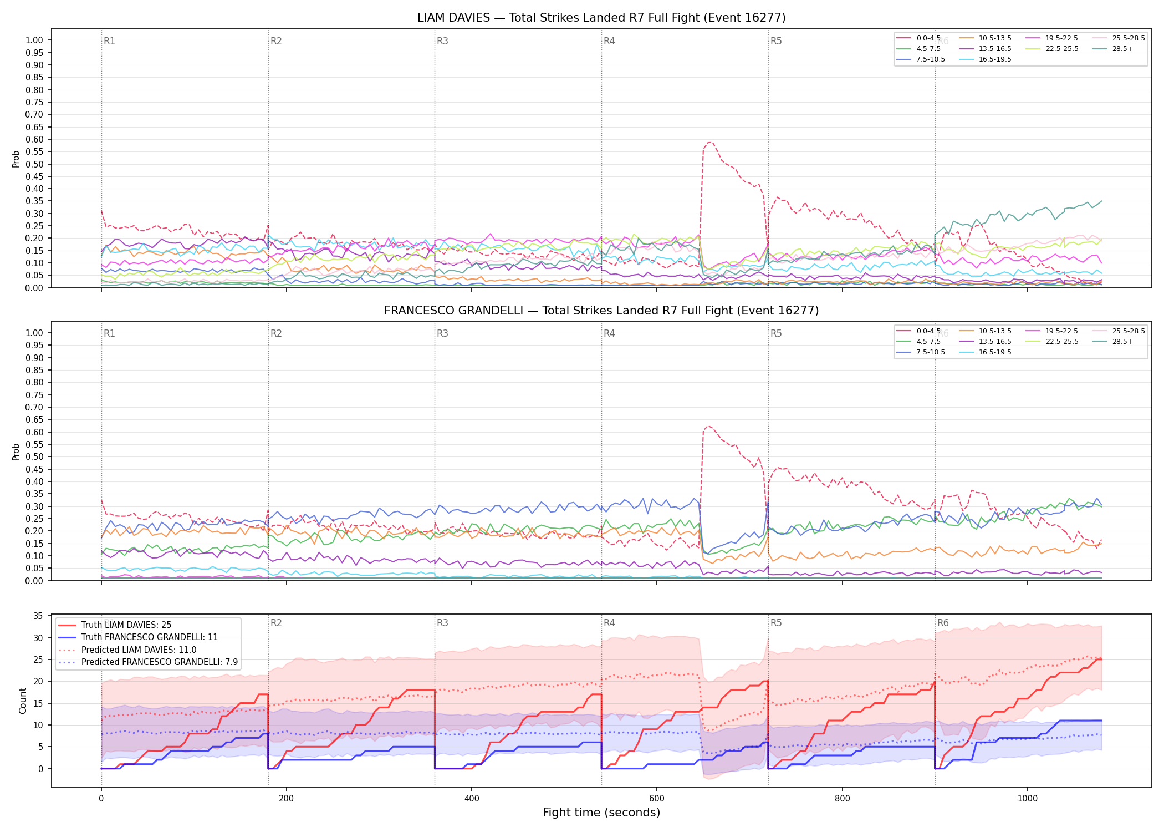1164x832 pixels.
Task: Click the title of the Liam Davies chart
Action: click(601, 18)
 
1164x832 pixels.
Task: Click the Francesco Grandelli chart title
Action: click(601, 311)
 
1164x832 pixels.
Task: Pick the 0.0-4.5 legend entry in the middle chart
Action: click(918, 331)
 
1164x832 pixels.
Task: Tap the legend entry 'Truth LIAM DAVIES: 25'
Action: click(114, 625)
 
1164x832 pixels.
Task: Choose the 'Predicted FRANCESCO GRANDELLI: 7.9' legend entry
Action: click(148, 662)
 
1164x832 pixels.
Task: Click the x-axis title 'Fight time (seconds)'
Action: click(601, 813)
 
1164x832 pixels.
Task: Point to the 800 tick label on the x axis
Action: click(842, 798)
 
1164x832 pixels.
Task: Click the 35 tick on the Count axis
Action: click(38, 616)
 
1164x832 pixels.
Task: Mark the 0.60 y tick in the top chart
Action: click(34, 139)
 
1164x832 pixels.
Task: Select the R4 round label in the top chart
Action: click(609, 41)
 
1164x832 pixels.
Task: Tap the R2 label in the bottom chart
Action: click(276, 623)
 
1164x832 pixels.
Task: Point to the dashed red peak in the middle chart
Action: click(709, 426)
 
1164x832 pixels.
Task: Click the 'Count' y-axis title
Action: click(23, 701)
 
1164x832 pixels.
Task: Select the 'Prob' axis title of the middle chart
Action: click(16, 451)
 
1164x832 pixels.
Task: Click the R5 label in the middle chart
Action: click(776, 333)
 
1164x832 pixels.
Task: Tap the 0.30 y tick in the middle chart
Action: click(34, 506)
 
